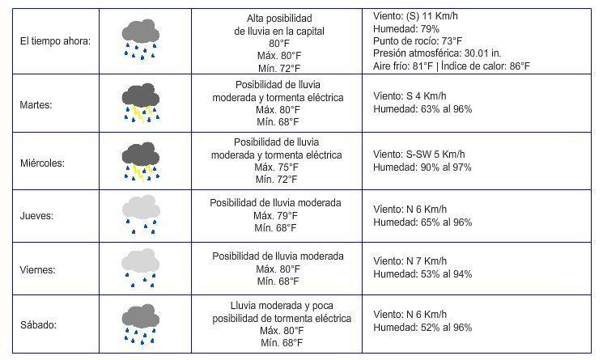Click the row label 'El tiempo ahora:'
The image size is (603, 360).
[56, 40]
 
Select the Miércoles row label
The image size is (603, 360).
[41, 163]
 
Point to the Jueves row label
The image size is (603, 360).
[36, 216]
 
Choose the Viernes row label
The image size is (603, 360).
[38, 269]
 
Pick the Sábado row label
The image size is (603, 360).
[39, 324]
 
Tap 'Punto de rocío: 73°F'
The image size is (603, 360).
[418, 40]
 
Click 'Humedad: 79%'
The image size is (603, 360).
[406, 28]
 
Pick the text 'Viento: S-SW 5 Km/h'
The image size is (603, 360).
[419, 155]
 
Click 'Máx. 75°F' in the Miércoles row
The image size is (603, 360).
[277, 167]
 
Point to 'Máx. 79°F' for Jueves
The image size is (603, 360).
[275, 215]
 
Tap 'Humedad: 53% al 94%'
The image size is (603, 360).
[422, 273]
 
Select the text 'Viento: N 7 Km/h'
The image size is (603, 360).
[410, 260]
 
